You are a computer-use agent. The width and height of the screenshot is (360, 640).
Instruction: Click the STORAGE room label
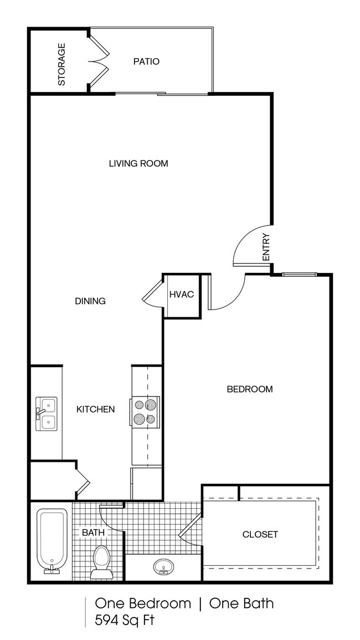[61, 64]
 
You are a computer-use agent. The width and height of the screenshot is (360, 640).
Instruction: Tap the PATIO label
[146, 61]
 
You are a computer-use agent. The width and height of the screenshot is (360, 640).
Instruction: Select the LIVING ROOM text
[138, 163]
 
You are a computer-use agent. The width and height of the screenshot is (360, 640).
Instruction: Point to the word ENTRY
[265, 247]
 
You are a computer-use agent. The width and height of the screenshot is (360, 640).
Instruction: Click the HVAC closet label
[181, 294]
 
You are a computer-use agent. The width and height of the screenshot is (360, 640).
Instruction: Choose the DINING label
[90, 301]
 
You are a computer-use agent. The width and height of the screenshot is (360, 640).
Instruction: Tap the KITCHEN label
[95, 409]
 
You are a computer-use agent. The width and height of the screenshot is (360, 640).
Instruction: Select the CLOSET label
[260, 534]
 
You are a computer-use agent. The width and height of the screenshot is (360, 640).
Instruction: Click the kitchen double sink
[45, 413]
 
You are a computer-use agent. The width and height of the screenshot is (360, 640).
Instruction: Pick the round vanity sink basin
[163, 567]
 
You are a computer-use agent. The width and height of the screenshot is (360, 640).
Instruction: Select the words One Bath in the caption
[241, 603]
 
